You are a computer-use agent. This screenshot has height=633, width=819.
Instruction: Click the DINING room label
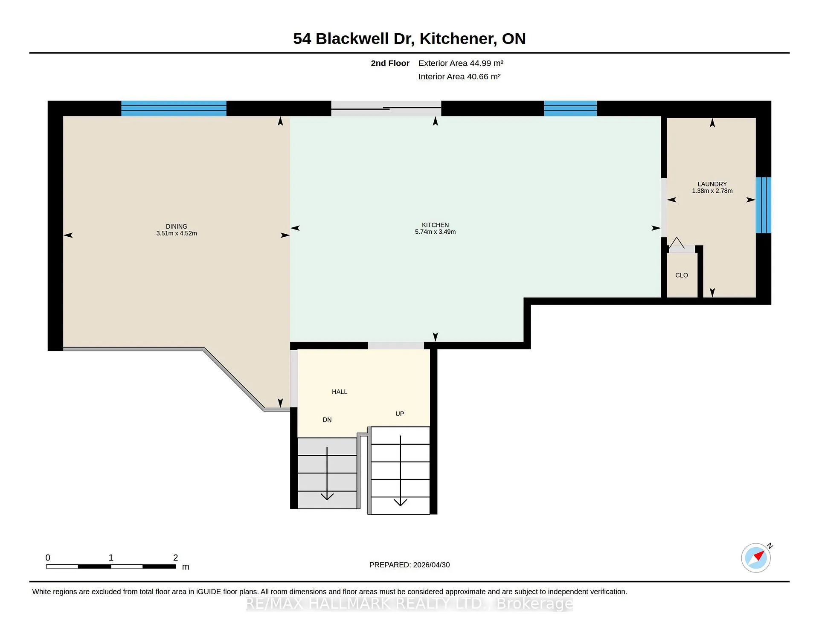(x=177, y=226)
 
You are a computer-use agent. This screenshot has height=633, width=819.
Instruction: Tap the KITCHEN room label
(x=435, y=225)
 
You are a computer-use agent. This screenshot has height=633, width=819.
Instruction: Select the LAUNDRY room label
(x=712, y=184)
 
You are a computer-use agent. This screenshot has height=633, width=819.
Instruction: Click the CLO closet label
(x=682, y=275)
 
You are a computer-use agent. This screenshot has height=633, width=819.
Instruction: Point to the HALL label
(x=340, y=392)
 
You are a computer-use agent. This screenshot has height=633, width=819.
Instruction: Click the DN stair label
(x=327, y=420)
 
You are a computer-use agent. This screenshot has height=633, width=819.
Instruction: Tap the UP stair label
(x=400, y=414)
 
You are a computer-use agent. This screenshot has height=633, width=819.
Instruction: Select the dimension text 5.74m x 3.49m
(x=435, y=232)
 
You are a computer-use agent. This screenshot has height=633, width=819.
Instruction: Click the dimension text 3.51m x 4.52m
(x=177, y=233)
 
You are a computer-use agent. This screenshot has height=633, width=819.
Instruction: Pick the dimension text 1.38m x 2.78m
(x=712, y=191)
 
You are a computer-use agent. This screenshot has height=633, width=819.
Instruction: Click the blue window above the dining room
(x=174, y=108)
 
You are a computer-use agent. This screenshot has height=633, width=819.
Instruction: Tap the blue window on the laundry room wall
(x=764, y=205)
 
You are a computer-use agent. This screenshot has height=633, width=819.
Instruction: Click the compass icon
(x=756, y=558)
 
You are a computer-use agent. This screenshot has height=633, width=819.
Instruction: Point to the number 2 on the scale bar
(x=175, y=558)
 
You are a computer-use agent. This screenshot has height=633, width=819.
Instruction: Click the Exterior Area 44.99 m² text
(x=461, y=63)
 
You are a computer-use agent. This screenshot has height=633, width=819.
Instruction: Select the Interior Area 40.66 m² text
(x=459, y=76)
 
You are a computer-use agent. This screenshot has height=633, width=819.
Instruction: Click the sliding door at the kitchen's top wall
(x=386, y=108)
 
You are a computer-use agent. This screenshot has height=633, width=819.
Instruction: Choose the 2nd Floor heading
(x=390, y=63)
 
